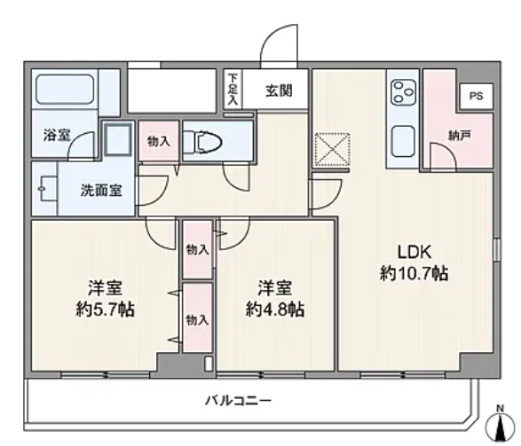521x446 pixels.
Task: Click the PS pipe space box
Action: click(476, 97)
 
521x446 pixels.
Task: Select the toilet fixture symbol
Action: click(202, 143)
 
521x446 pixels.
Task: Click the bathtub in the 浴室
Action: click(65, 90)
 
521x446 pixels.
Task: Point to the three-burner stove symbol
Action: click(403, 92)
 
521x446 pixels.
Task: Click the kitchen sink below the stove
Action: click(403, 141)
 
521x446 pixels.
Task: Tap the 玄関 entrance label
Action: click(279, 90)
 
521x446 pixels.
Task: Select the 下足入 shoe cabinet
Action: click(233, 89)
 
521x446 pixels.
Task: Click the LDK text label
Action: click(414, 252)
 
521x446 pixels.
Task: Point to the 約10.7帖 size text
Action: click(414, 274)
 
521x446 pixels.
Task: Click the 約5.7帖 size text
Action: click(105, 309)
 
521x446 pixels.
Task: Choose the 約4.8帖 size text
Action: click(275, 309)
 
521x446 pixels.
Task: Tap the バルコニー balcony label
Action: click(238, 401)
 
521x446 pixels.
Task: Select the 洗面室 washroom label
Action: click(101, 191)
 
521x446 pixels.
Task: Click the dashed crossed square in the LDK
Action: click(332, 149)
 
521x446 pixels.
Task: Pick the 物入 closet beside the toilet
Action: click(159, 141)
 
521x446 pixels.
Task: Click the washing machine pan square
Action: click(118, 140)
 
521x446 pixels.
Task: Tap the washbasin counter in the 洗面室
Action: click(45, 189)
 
